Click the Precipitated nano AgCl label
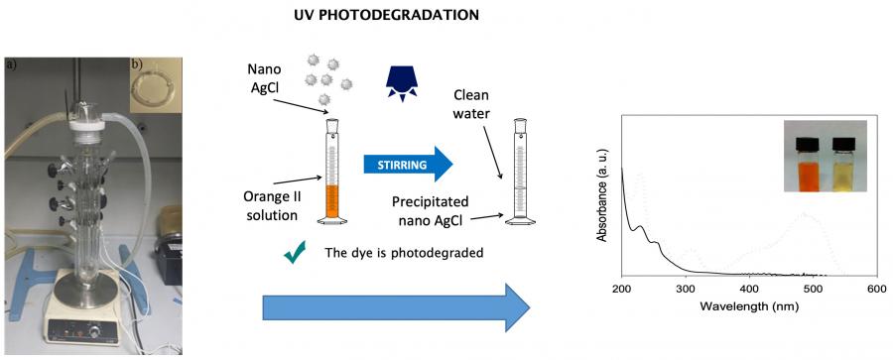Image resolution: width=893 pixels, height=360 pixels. pos(428,209)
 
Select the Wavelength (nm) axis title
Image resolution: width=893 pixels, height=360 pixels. pos(748,305)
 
